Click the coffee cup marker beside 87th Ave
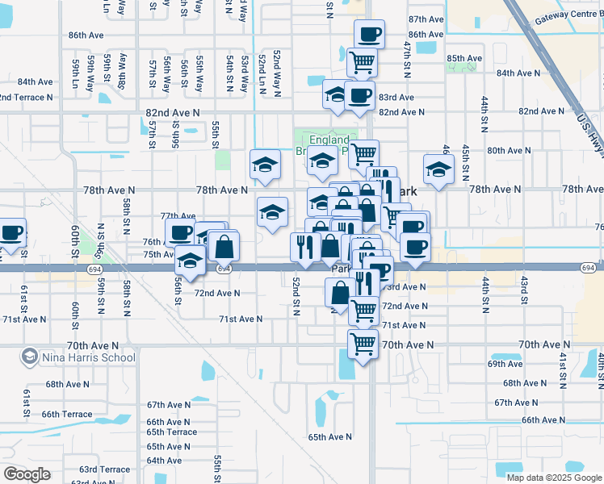[369, 35]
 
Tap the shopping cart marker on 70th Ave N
[363, 344]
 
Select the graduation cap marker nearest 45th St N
[438, 170]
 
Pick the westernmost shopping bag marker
[224, 245]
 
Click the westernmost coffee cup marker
[12, 233]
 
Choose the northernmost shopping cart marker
[361, 60]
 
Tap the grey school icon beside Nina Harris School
[29, 357]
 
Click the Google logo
[27, 474]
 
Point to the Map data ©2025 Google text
[553, 477]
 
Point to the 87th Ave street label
[426, 19]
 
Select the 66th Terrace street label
[69, 414]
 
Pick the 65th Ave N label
[329, 437]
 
